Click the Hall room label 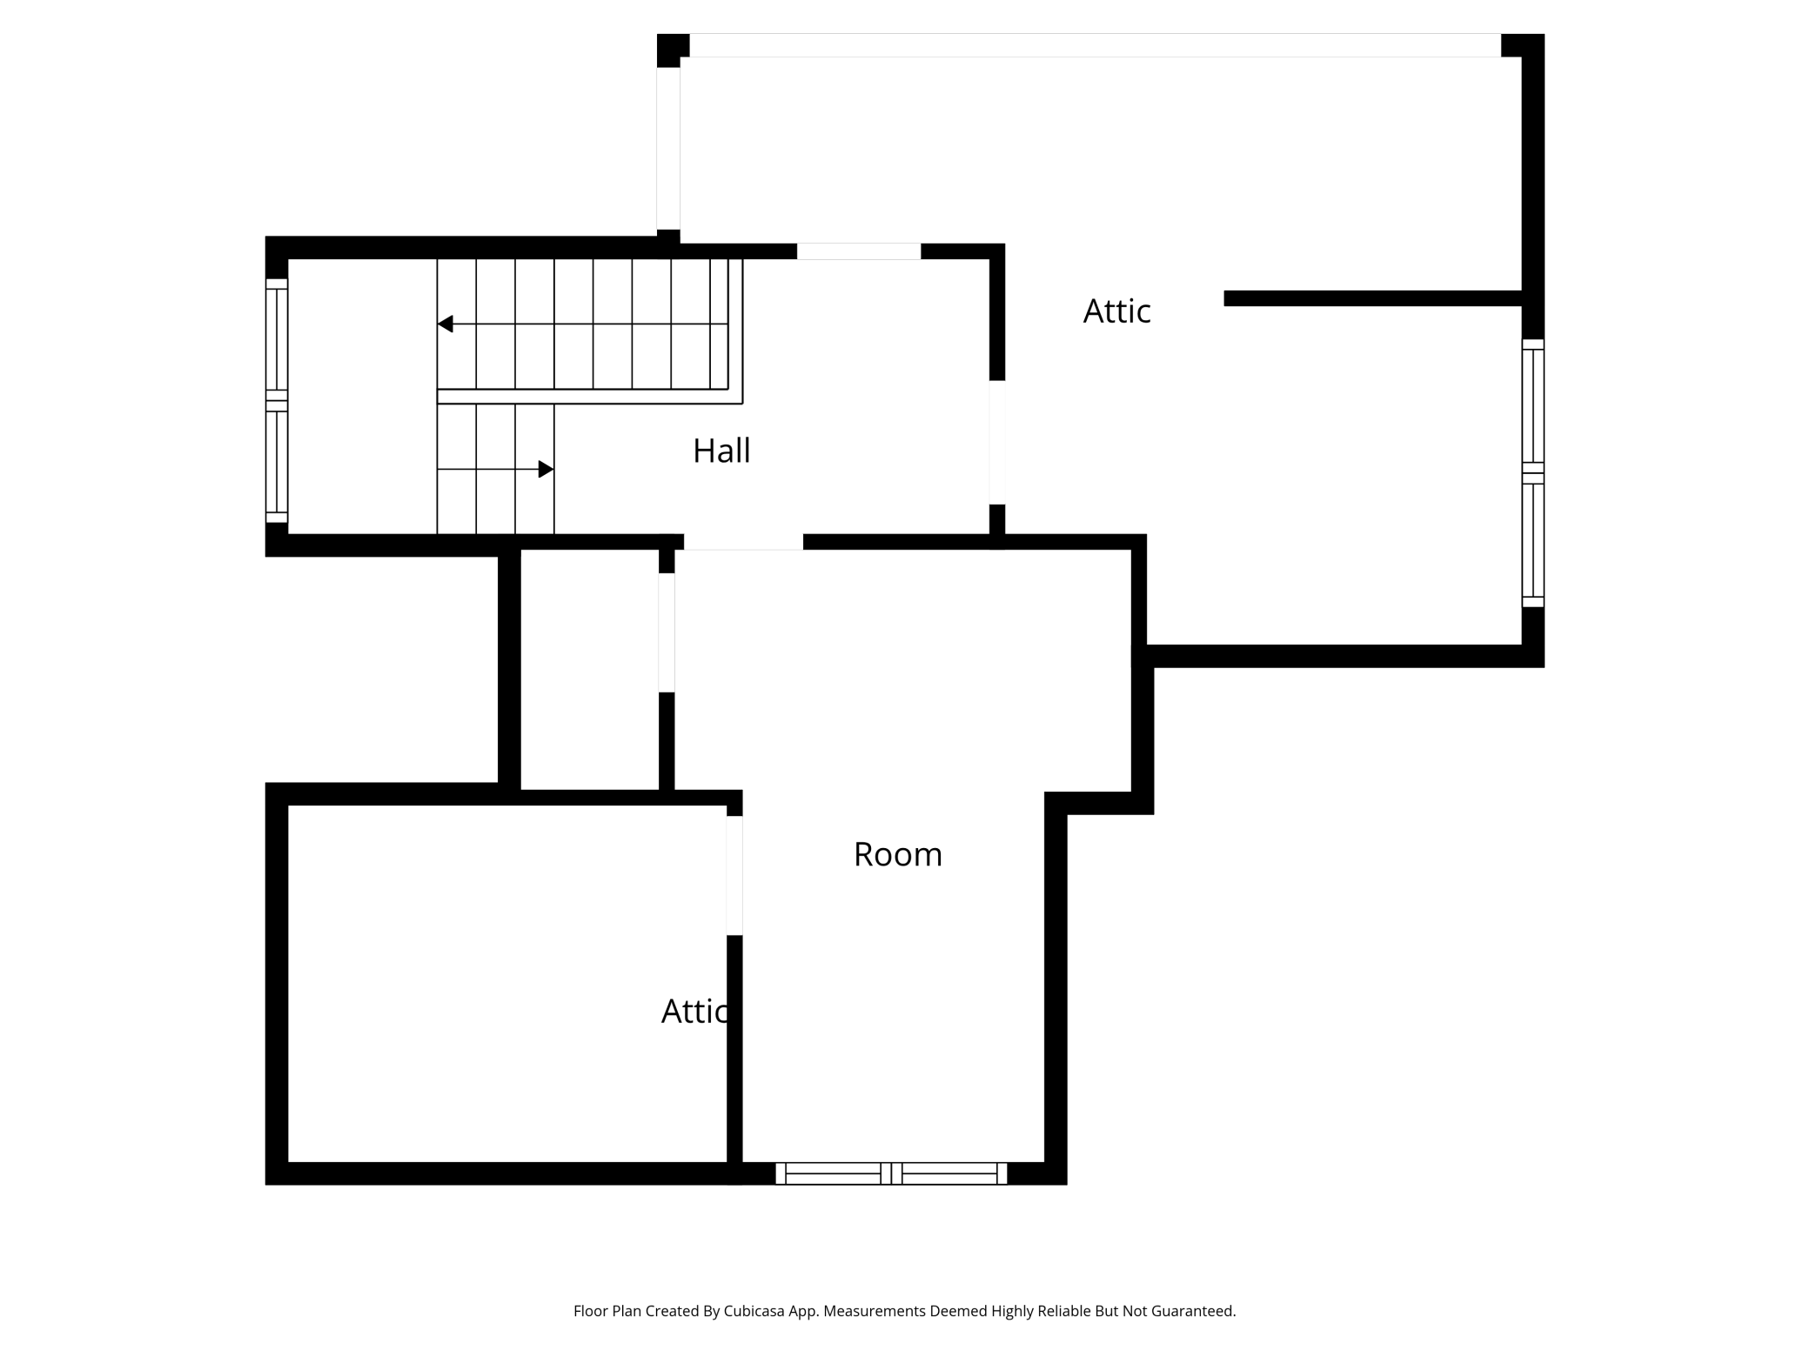pyautogui.click(x=721, y=451)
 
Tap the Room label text pyautogui.click(x=897, y=854)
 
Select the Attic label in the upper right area pyautogui.click(x=1116, y=311)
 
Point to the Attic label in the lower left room pyautogui.click(x=695, y=1011)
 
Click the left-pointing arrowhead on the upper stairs pyautogui.click(x=445, y=324)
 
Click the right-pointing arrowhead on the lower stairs pyautogui.click(x=546, y=470)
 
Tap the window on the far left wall pyautogui.click(x=277, y=401)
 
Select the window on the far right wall pyautogui.click(x=1532, y=473)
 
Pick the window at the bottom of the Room pyautogui.click(x=891, y=1173)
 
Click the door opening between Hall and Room pyautogui.click(x=743, y=542)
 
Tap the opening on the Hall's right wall pyautogui.click(x=997, y=442)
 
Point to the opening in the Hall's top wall pyautogui.click(x=859, y=251)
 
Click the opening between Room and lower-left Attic pyautogui.click(x=734, y=875)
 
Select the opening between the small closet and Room pyautogui.click(x=667, y=632)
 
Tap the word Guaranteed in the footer pyautogui.click(x=1193, y=1311)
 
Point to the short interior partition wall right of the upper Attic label pyautogui.click(x=1372, y=298)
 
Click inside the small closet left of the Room pyautogui.click(x=589, y=670)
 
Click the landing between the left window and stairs pyautogui.click(x=362, y=397)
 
